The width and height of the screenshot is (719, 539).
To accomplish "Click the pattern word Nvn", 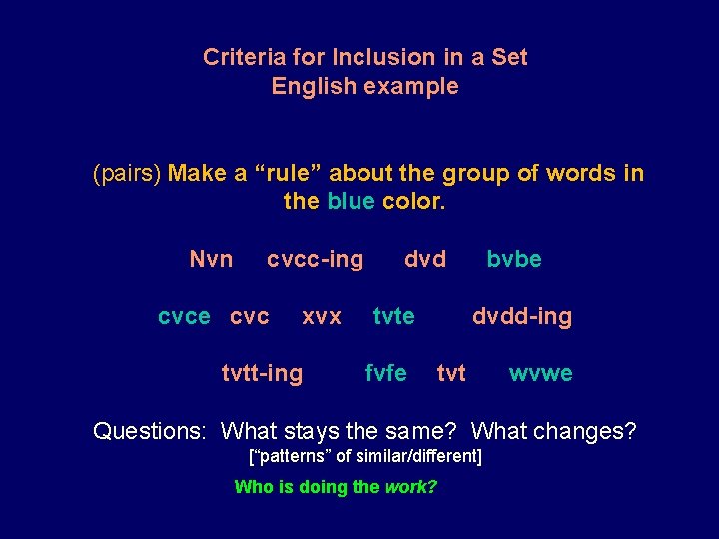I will [211, 260].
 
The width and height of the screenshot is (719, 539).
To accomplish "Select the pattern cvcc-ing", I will [315, 260].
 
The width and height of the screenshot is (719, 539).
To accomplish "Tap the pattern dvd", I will [425, 260].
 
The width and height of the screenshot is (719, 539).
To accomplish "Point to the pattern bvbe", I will [514, 260].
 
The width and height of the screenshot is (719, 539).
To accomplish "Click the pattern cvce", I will [184, 317].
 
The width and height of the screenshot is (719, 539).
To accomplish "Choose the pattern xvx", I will [322, 317].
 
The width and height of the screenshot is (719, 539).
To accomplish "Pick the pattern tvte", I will [393, 317].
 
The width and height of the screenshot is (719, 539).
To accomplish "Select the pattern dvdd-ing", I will [522, 317].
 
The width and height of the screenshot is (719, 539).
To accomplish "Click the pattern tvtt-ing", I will [261, 374].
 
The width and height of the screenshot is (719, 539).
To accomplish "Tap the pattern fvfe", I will [386, 374].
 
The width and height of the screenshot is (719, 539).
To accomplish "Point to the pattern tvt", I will [451, 374].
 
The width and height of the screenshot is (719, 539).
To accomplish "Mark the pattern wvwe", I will [541, 374].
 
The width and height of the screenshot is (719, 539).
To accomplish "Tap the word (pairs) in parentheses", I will [127, 174].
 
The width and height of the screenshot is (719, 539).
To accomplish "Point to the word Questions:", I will [149, 432].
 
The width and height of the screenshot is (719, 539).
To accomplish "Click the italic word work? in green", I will [410, 488].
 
